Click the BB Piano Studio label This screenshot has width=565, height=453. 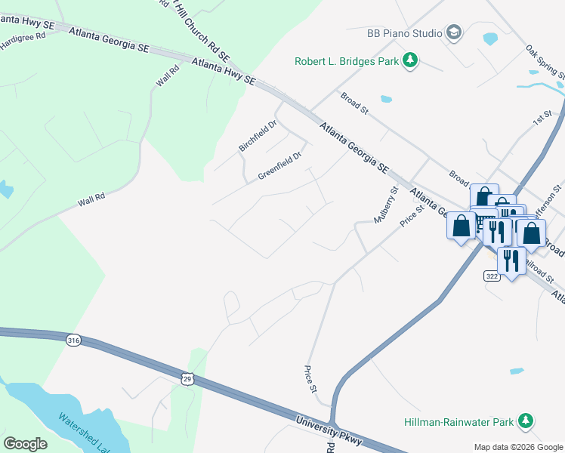404,32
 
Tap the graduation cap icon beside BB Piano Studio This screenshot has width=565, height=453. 453,32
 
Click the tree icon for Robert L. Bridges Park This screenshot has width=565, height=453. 409,60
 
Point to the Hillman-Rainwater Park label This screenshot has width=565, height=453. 458,421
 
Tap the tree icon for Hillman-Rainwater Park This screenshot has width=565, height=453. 525,421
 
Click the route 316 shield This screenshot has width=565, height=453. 73,341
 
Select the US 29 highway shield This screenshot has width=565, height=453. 187,377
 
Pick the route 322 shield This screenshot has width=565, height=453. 492,277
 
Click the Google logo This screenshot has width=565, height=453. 25,443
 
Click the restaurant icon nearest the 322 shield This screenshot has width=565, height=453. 511,261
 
